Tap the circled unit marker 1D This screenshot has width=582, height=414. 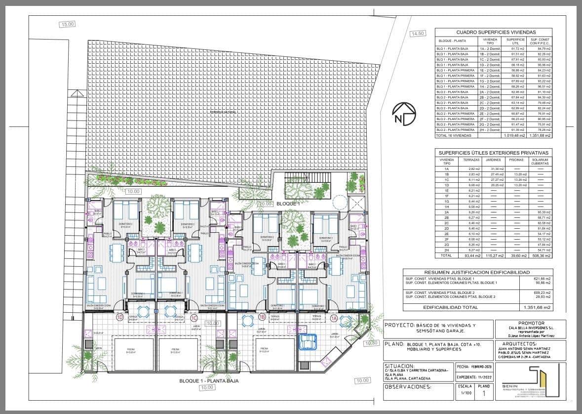pos(119,317)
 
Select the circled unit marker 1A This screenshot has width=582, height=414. pos(334,318)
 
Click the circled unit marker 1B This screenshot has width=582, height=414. pos(263,317)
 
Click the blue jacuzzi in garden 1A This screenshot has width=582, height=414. pos(311,338)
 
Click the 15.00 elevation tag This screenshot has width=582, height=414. pos(68,24)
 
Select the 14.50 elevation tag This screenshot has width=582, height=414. pos(417,34)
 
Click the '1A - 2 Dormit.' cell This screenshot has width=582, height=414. pos(490,49)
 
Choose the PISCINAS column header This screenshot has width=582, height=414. pos(516,160)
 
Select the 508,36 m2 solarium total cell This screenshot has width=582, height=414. pos(540,256)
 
